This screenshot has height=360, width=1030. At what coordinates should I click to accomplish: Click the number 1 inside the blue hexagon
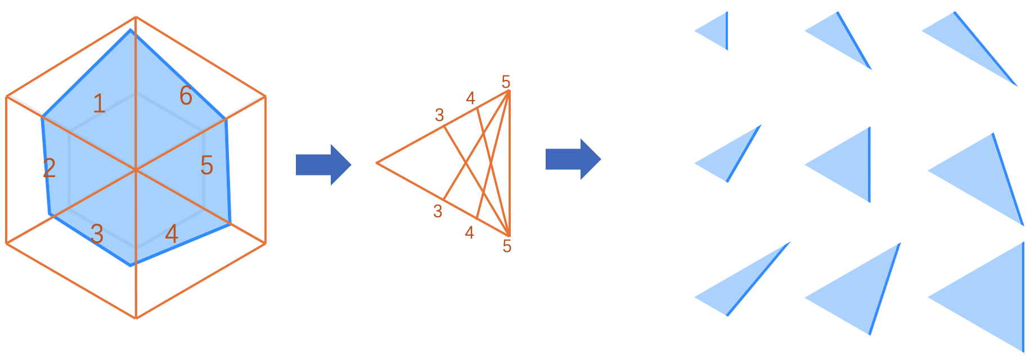[x=99, y=104]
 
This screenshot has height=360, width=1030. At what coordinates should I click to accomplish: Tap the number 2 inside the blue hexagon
[x=50, y=168]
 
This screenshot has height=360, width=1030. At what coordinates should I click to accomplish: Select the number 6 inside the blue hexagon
[x=186, y=96]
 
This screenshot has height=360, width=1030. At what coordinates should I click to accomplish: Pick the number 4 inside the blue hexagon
[x=172, y=233]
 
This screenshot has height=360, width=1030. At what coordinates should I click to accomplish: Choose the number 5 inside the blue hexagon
[x=206, y=166]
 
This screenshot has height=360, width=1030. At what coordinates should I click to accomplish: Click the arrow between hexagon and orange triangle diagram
[x=323, y=165]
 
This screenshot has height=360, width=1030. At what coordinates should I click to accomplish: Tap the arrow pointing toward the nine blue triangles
[x=573, y=159]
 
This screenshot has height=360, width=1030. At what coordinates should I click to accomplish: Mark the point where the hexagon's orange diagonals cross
[x=136, y=169]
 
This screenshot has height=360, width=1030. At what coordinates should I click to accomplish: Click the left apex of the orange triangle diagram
[x=376, y=163]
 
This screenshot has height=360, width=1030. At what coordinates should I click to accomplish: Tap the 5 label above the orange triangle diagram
[x=506, y=83]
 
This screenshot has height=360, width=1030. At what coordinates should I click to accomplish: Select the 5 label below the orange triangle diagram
[x=507, y=246]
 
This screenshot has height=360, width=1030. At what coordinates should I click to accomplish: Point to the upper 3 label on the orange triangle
[x=439, y=115]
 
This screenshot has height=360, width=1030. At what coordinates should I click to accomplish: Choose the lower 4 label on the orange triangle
[x=470, y=232]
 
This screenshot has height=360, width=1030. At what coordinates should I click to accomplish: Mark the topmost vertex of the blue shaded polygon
[x=131, y=30]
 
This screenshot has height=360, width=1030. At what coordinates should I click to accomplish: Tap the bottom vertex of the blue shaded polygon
[x=131, y=265]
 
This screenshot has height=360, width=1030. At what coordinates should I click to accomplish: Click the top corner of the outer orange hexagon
[x=136, y=17]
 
